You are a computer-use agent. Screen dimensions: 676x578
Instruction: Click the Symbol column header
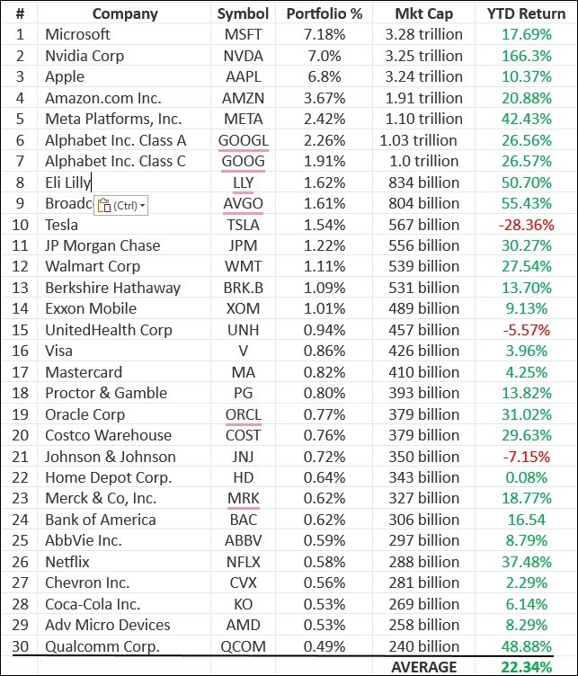(x=243, y=13)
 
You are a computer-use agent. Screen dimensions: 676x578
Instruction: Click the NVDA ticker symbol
(x=243, y=56)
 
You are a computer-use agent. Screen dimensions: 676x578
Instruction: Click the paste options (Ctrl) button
(x=120, y=204)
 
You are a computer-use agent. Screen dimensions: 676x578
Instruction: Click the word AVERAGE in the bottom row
(x=423, y=666)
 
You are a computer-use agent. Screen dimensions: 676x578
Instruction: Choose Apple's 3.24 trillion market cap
(x=422, y=76)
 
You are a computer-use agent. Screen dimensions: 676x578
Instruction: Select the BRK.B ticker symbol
(x=243, y=288)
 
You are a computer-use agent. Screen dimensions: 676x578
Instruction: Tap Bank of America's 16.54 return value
(x=526, y=519)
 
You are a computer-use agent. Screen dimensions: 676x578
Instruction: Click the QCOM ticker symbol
(x=243, y=645)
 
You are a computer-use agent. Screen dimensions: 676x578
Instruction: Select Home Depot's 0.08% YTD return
(x=526, y=477)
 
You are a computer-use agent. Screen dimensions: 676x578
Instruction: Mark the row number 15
(x=20, y=330)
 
